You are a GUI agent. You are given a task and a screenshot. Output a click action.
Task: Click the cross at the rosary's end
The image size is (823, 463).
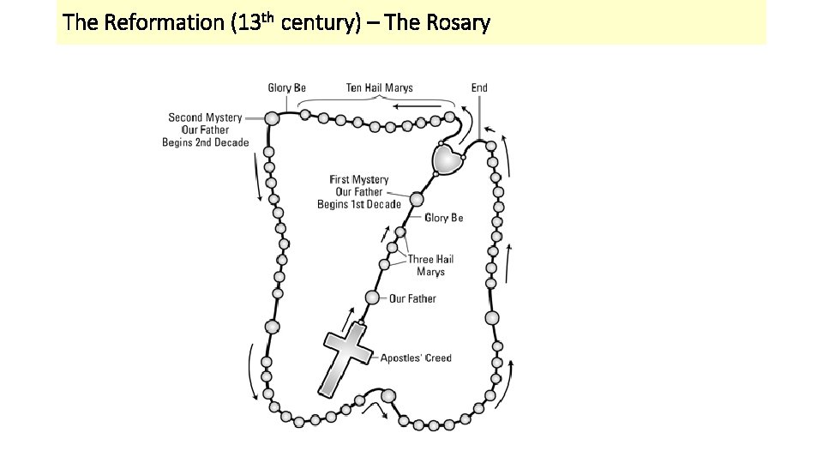pos(345,358)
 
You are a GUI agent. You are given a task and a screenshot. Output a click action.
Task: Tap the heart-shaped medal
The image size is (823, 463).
pos(447,158)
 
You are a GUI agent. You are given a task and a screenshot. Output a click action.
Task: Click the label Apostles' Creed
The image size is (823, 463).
pos(416,358)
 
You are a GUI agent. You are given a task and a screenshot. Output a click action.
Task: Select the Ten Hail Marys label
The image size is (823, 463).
pos(379,87)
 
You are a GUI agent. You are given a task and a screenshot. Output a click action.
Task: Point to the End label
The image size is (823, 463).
pos(479,87)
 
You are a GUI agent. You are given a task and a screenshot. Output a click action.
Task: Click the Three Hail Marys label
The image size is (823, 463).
pos(430,265)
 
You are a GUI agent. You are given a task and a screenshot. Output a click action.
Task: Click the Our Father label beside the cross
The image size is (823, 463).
pos(412,298)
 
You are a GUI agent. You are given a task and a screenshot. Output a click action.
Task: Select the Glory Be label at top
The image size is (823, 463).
pos(286,87)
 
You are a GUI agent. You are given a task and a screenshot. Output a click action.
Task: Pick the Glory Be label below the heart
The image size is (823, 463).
pos(443,218)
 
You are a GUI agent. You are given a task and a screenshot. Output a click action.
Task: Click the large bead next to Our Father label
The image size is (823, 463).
pos(372,298)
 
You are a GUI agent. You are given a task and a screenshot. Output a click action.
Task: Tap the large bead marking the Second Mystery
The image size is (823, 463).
pos(272,118)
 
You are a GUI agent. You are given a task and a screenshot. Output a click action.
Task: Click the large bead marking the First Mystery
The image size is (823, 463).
pos(417,199)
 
